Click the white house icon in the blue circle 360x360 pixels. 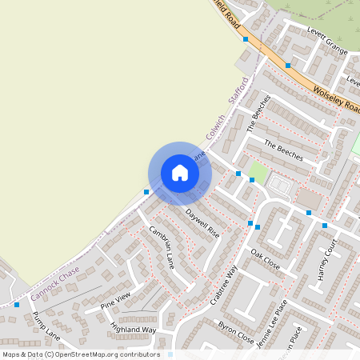pos(179,173)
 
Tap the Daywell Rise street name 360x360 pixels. pos(202,223)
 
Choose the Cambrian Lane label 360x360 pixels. pos(162,245)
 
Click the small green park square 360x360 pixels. pos(258,170)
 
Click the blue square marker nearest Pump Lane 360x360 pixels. pos(17,304)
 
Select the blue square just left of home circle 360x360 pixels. pos(146,192)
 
